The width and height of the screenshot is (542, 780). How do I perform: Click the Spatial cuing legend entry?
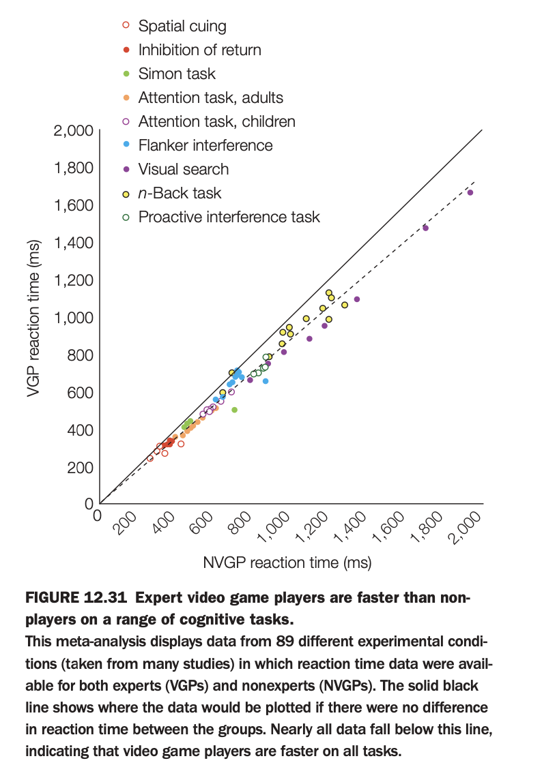[182, 27]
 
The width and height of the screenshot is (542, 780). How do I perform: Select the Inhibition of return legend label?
[199, 50]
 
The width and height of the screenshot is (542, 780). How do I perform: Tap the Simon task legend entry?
[177, 74]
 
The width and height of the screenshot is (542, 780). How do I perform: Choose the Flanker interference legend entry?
[205, 146]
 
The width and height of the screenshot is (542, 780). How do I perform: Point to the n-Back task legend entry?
[180, 194]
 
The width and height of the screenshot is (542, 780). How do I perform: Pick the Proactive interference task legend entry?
[229, 217]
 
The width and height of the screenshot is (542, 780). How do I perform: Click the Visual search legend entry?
[183, 170]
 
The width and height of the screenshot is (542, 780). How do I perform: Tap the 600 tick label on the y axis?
[80, 393]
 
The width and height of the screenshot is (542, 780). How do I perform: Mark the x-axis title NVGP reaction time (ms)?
[287, 563]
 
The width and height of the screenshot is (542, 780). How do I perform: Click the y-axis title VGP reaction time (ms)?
[35, 317]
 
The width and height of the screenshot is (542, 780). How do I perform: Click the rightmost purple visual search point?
[470, 193]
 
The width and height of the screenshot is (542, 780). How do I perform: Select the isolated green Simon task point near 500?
[234, 410]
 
